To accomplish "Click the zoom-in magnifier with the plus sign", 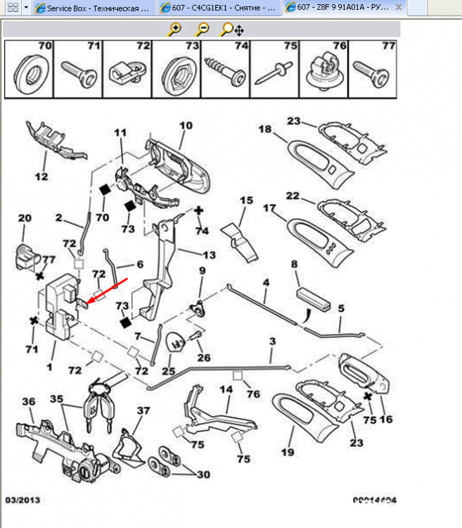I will click(174, 30).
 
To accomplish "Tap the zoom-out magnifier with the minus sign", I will click(202, 30).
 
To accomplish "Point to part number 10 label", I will click(185, 127).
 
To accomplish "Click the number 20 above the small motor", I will click(25, 218).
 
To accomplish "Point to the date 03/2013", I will click(20, 501).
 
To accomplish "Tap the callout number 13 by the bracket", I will click(210, 255).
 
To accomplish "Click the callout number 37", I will click(143, 410).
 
